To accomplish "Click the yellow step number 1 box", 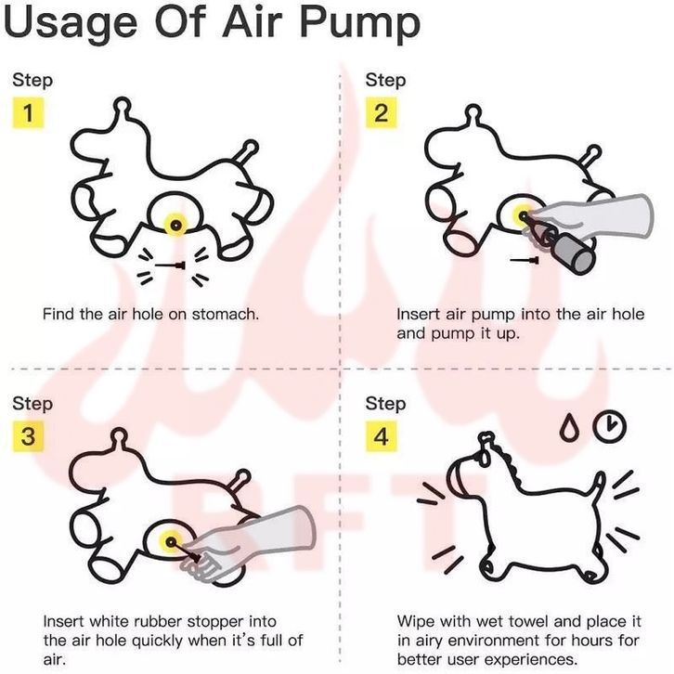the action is point(28,112).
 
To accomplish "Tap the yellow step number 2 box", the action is point(382,112).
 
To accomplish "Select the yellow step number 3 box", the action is point(28,435).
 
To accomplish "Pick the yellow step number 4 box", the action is point(382,435).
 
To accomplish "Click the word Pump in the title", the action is point(360,22).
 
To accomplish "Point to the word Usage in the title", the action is point(71,22).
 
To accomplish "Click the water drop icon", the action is point(568,427).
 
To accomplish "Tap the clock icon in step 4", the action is point(610,427).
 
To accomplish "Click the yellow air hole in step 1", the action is point(175,225).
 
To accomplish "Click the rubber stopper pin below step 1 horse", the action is point(170,266).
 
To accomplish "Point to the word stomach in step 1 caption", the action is point(226,314).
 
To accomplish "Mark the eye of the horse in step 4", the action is point(485,459).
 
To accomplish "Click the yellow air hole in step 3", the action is point(171,542).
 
